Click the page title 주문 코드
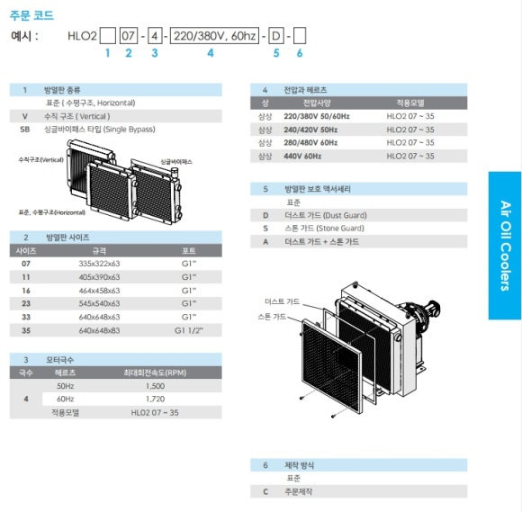[31, 15]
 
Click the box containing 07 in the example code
[128, 36]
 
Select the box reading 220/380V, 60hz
[214, 36]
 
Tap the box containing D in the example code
[276, 36]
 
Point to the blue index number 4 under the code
[211, 53]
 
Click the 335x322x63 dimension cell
[99, 264]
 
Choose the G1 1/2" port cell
[188, 330]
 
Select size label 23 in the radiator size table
[26, 303]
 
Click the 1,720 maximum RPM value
[155, 399]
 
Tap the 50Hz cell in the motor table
[65, 386]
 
